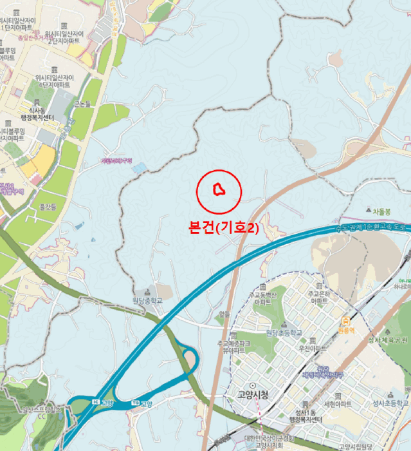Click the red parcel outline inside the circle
click(218, 189)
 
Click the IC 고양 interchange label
click(104, 403)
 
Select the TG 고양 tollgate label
click(143, 404)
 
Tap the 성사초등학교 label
click(385, 403)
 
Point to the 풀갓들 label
click(48, 207)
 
